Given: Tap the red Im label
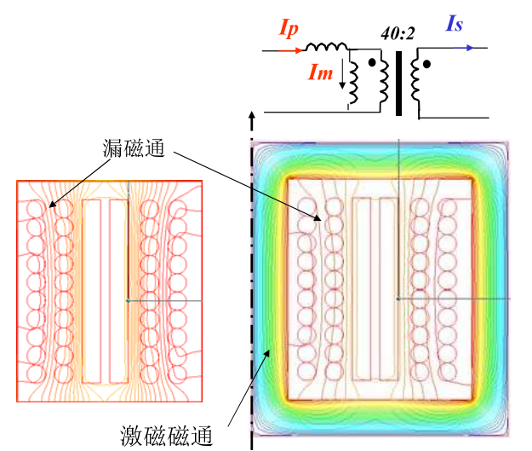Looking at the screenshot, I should click(x=323, y=74).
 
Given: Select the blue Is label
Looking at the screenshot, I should click(x=454, y=24).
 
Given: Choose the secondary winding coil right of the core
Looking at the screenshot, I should click(x=416, y=82).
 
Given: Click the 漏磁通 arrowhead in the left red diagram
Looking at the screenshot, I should click(x=50, y=205).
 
